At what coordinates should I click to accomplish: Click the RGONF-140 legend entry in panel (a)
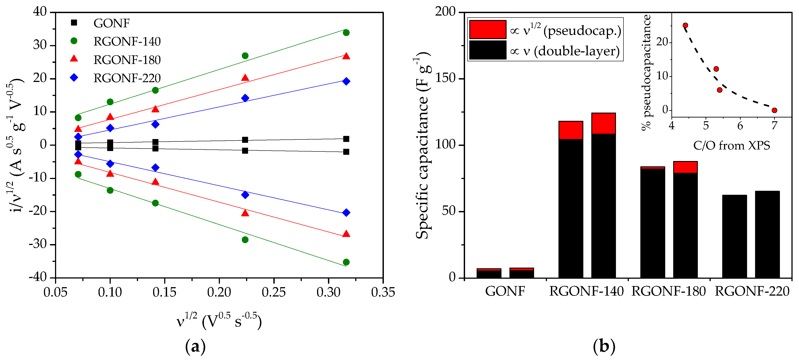click(127, 42)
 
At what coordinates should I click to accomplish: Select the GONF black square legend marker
click(74, 23)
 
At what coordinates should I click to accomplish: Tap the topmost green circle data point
click(346, 33)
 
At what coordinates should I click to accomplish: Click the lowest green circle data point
click(346, 262)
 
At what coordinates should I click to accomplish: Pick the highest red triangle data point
click(346, 56)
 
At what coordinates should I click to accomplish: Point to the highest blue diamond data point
click(346, 81)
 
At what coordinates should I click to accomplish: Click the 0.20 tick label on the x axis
click(219, 292)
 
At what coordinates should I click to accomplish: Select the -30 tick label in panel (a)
click(38, 244)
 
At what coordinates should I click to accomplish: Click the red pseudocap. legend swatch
click(488, 30)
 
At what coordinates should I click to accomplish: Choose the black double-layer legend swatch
click(488, 50)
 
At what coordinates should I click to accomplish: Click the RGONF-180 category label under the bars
click(669, 291)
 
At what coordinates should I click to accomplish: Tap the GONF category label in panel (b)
click(505, 291)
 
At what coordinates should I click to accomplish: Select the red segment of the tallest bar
click(603, 123)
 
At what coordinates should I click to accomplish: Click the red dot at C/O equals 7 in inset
click(774, 110)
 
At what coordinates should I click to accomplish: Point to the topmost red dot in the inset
click(685, 26)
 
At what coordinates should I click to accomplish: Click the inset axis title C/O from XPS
click(731, 145)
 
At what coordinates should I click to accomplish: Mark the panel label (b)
click(604, 346)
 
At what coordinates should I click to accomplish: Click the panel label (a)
click(195, 346)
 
